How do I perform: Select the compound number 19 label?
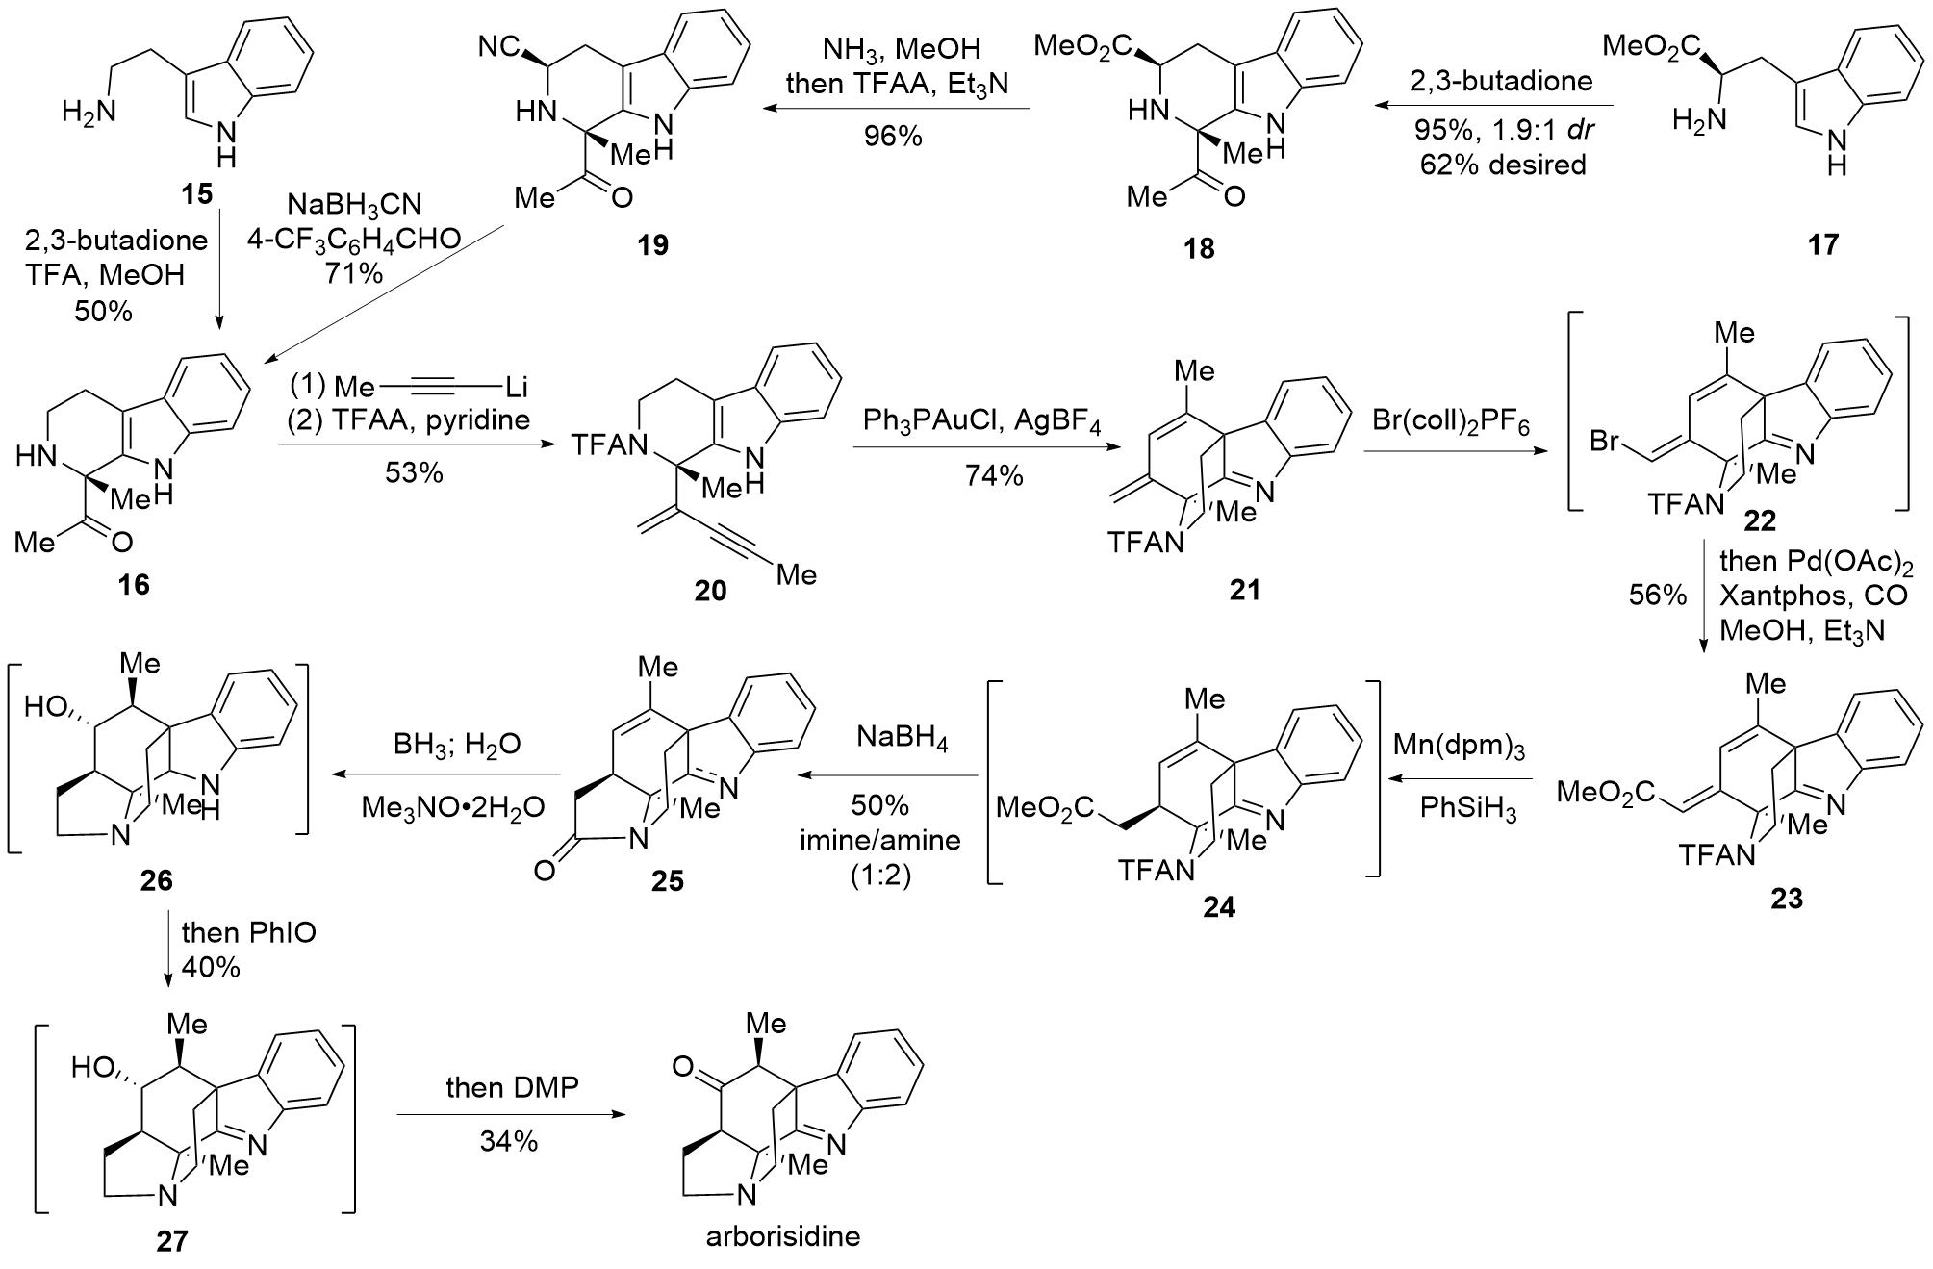[652, 245]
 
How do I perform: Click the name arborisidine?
[783, 1235]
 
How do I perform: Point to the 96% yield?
[892, 137]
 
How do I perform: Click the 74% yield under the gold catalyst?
[994, 475]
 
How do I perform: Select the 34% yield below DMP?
[509, 1142]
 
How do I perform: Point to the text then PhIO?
[249, 931]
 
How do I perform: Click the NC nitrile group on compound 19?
[499, 45]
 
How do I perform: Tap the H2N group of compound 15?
[88, 113]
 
